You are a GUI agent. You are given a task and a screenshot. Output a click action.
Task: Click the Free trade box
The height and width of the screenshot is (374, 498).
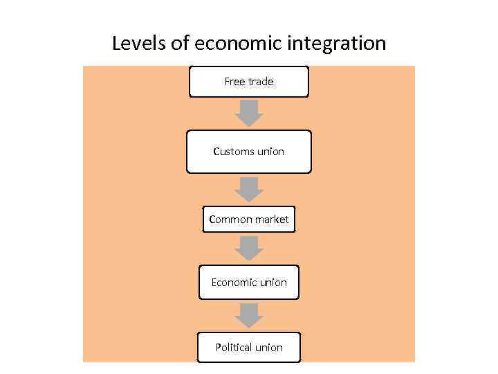(249, 82)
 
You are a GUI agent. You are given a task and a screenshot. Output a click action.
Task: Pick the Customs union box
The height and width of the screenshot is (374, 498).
(249, 152)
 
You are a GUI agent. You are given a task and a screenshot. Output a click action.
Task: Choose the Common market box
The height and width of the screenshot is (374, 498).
(249, 220)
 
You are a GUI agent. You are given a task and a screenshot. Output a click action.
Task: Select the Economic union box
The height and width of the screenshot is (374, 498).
(249, 283)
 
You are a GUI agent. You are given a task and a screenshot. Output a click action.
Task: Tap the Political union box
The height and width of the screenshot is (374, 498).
(249, 348)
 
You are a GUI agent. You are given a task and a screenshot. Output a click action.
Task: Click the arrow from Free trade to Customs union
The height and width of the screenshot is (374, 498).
(249, 113)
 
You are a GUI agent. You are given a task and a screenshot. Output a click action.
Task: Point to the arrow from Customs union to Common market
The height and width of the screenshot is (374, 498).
(249, 189)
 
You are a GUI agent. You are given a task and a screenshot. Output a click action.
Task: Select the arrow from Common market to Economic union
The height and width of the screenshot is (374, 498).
(249, 248)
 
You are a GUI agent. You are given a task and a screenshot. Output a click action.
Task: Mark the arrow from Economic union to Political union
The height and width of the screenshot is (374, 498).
(249, 315)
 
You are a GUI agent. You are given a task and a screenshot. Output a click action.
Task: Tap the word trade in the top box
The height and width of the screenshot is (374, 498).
(260, 82)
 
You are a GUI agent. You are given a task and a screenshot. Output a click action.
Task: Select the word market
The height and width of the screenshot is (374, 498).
(272, 220)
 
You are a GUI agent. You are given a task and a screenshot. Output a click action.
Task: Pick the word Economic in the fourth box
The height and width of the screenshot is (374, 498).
(233, 283)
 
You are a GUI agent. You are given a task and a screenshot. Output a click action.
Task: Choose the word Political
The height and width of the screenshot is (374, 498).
(233, 348)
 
